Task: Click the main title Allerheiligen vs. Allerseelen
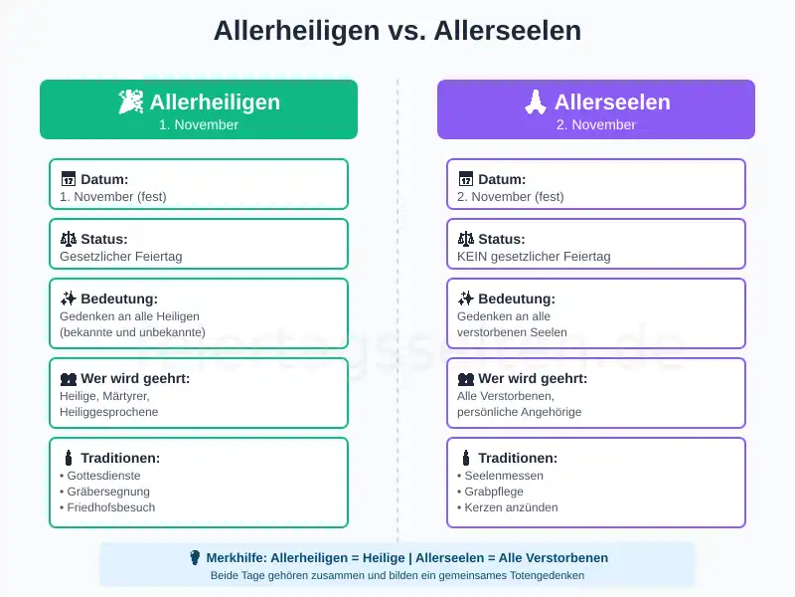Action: (397, 31)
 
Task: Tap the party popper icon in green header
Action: (130, 101)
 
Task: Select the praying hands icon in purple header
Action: (536, 101)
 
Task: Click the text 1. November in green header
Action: (199, 125)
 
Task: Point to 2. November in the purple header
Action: (596, 125)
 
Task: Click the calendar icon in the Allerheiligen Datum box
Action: (69, 179)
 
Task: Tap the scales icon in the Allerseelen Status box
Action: (466, 239)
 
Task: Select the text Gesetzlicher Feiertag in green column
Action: (121, 257)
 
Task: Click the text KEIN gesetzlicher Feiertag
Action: (534, 257)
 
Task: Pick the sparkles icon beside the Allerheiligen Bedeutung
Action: (69, 298)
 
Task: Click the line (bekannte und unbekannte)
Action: (132, 332)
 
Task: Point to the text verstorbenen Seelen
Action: (512, 332)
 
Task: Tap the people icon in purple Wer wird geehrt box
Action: (466, 378)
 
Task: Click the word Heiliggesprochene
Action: (108, 412)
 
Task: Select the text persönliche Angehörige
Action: (520, 412)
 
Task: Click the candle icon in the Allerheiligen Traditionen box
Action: (69, 458)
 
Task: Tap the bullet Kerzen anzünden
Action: (508, 507)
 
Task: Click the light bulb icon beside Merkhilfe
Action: (195, 557)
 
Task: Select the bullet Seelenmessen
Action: (504, 476)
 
